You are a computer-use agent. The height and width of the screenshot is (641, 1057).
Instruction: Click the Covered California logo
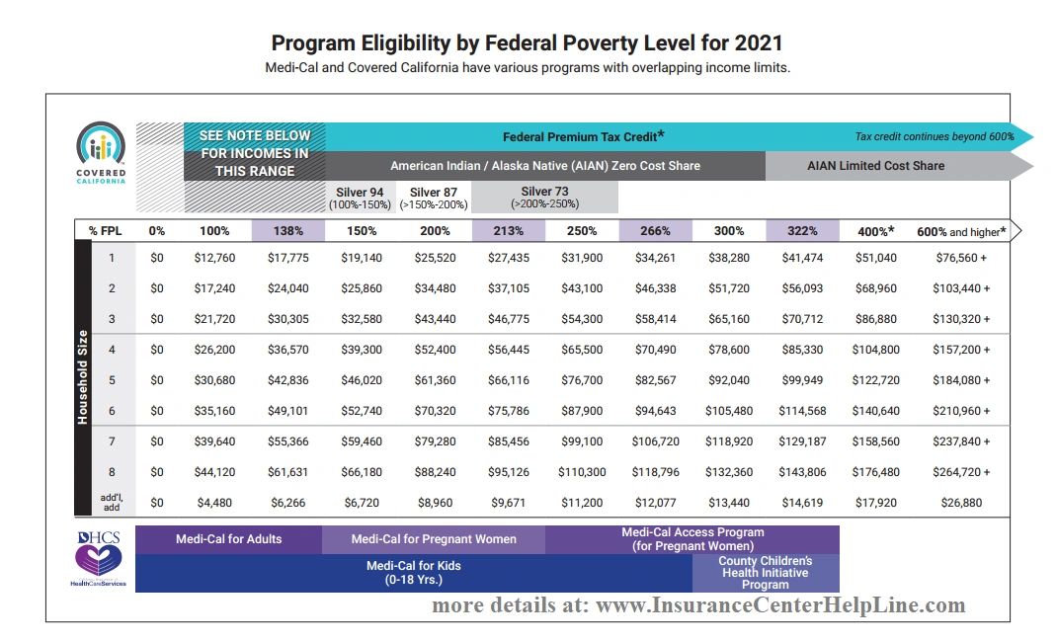coord(101,152)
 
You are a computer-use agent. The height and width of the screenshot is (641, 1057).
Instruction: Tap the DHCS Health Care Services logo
coord(99,559)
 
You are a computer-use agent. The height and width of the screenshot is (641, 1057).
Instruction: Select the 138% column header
coord(287,230)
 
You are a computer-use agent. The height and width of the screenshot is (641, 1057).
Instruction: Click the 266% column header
coord(655,230)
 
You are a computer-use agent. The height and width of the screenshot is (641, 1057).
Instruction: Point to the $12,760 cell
coord(214,258)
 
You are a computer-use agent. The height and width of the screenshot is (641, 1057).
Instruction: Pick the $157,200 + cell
coord(961,350)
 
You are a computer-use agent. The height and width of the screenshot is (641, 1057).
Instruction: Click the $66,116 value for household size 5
coord(509,380)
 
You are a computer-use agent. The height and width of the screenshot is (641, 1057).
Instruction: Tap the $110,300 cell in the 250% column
coord(582,472)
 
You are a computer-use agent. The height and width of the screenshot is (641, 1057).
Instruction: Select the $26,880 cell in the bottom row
coord(961,503)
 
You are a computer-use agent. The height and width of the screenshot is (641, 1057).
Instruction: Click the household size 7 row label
coord(112,441)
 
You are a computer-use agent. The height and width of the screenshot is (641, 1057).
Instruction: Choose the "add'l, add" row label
coord(112,503)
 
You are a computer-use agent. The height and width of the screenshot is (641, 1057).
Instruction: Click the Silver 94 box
coord(360,198)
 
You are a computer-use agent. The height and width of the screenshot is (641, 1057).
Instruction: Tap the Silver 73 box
coord(544,198)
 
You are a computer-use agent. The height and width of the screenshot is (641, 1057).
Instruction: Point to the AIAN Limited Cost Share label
coord(875,166)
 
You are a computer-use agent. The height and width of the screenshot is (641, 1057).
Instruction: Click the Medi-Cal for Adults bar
coord(228,539)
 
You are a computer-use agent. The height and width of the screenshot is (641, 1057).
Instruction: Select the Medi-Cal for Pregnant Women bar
coord(434,539)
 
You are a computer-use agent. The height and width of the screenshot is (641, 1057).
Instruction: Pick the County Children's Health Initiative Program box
coord(766,573)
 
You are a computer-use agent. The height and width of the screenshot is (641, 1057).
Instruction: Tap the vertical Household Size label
coord(83,376)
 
